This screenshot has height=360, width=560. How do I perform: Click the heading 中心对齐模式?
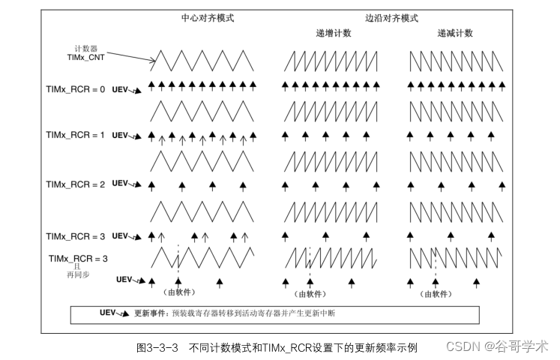(x=208, y=17)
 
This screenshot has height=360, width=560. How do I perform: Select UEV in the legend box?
(x=109, y=312)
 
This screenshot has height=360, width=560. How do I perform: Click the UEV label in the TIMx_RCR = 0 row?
(x=121, y=89)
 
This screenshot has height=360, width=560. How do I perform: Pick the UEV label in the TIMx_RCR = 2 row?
(x=121, y=183)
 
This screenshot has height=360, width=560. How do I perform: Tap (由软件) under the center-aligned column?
(x=178, y=294)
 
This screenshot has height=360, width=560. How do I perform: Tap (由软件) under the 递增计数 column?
(x=309, y=294)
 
